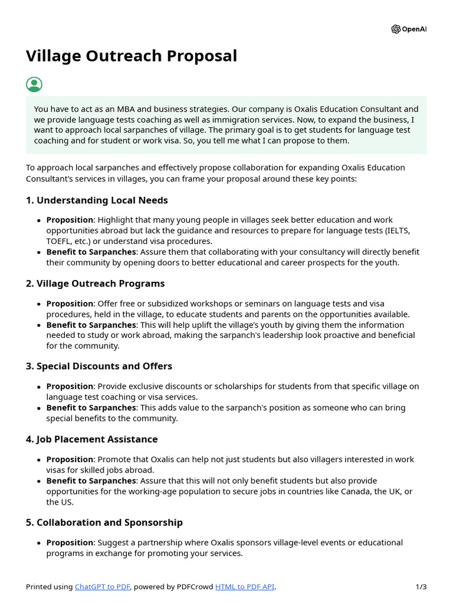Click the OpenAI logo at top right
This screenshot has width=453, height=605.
[408, 29]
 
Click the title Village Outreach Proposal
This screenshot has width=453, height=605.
[132, 56]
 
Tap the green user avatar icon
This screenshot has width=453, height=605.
[34, 84]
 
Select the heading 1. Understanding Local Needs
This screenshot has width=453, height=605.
[97, 200]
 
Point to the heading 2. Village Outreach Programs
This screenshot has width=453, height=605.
[95, 284]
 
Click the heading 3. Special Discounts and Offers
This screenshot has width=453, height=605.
[99, 366]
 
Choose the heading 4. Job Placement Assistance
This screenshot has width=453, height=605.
[91, 439]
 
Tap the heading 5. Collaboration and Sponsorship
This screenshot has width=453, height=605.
[104, 522]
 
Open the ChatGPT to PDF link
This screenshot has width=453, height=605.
[102, 587]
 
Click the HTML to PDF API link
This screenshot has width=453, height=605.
[244, 587]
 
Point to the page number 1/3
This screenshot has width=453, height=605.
[421, 587]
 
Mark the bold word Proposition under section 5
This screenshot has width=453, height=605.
[70, 542]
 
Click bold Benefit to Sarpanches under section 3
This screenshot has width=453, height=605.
[91, 408]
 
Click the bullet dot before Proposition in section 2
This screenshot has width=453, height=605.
[39, 304]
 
